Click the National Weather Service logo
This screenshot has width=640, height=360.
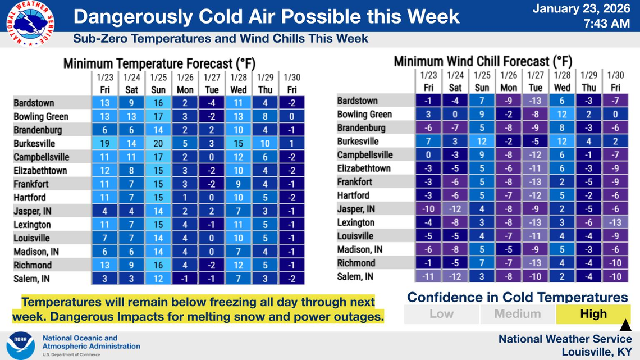click(x=30, y=23)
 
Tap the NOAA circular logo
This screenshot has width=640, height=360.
click(x=20, y=345)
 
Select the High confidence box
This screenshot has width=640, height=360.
click(x=593, y=314)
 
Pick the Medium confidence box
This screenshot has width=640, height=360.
click(x=517, y=314)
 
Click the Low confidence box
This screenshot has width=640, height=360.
click(x=441, y=314)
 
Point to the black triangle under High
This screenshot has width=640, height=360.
click(x=625, y=326)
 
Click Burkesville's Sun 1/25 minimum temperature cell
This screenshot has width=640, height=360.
click(x=158, y=143)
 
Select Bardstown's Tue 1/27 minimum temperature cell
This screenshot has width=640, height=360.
click(x=212, y=103)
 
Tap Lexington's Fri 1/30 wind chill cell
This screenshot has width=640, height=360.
click(x=616, y=222)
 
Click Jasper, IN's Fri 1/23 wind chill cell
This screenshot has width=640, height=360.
click(x=428, y=209)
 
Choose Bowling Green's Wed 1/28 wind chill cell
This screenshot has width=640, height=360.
click(x=562, y=114)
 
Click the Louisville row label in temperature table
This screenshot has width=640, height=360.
click(x=31, y=238)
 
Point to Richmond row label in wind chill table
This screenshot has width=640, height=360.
click(x=356, y=263)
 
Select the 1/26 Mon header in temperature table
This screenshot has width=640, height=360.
click(x=185, y=84)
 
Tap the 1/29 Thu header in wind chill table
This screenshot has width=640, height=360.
click(x=589, y=81)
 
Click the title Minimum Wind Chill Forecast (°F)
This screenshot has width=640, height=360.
click(x=483, y=61)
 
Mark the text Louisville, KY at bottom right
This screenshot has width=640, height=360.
click(x=596, y=352)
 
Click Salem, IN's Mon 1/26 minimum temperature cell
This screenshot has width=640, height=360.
click(x=185, y=279)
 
